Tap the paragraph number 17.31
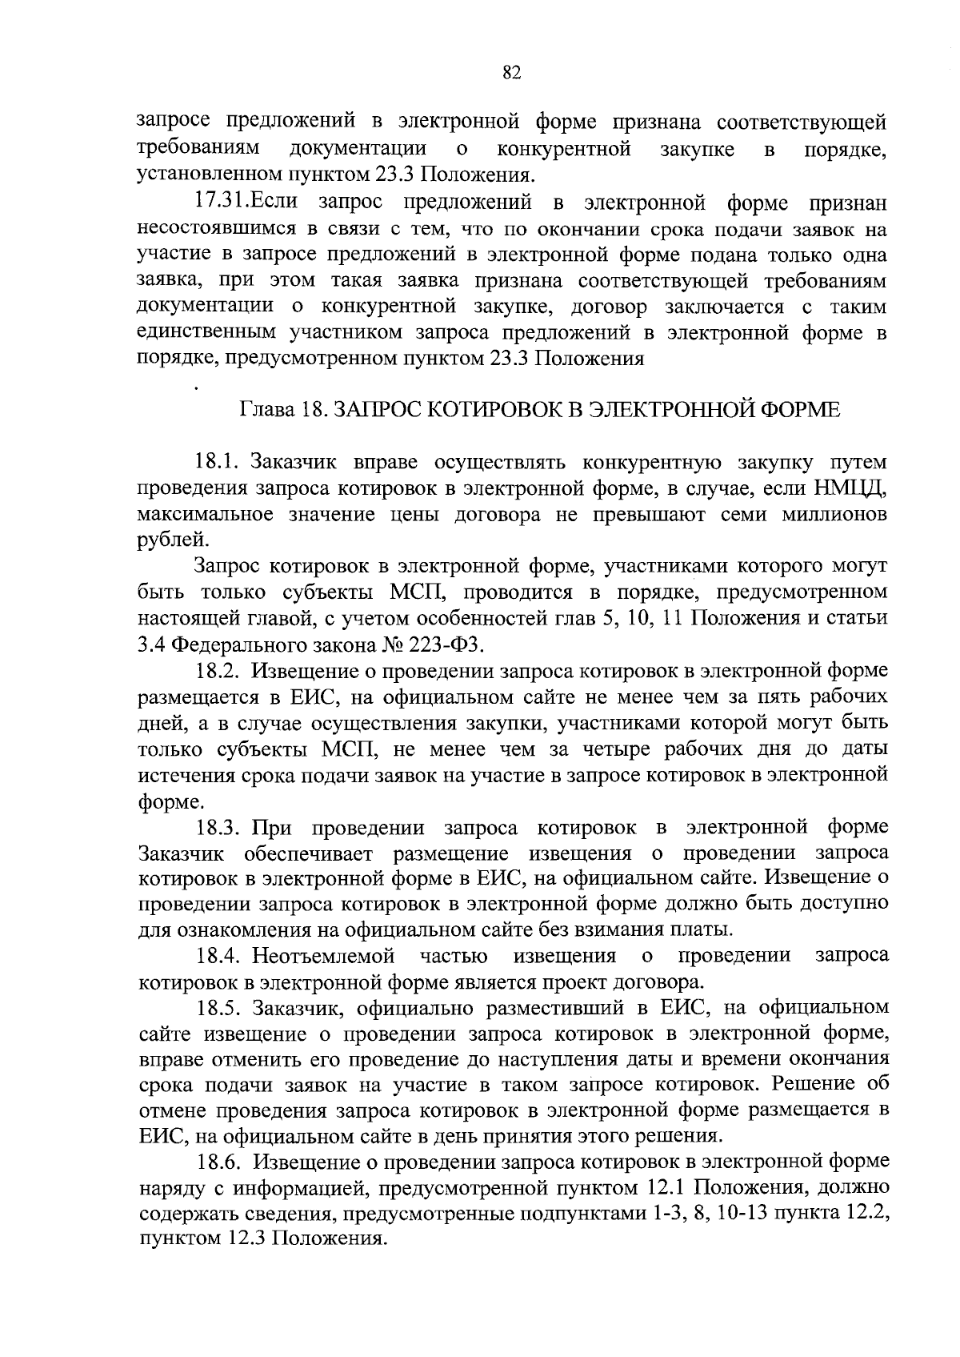point(222,203)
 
